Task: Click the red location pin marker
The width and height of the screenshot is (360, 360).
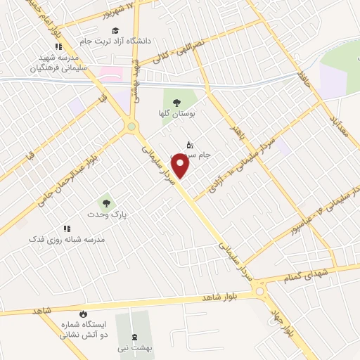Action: click(181, 165)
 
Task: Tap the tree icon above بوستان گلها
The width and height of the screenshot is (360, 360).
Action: click(176, 101)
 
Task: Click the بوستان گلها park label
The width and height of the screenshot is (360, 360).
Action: click(176, 113)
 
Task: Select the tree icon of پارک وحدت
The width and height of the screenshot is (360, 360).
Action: click(106, 202)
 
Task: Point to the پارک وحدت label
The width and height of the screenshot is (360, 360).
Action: click(105, 214)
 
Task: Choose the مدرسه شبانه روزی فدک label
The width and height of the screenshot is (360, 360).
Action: click(67, 239)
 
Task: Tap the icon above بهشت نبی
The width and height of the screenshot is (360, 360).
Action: click(136, 336)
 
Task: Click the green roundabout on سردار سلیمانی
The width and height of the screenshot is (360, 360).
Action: click(131, 127)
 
